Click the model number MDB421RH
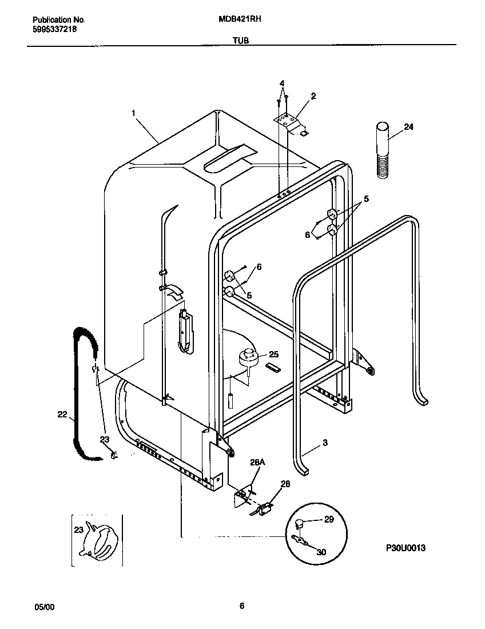pos(240,18)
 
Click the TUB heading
pos(240,41)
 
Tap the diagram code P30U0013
pos(405,547)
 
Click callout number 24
pos(408,127)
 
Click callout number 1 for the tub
pos(134,113)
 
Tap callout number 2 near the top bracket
pos(313,96)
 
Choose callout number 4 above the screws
pos(282,83)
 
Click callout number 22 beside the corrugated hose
pos(62,415)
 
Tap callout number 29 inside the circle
pos(329,519)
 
